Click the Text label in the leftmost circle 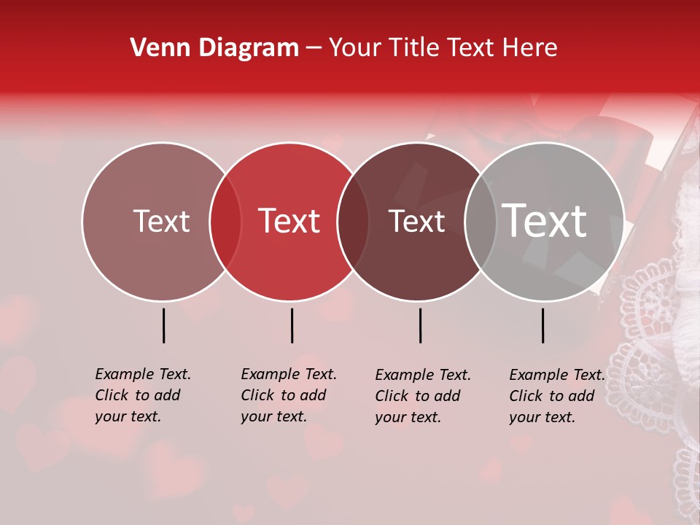click(161, 221)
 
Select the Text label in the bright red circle click(289, 221)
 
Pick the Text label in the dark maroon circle click(416, 221)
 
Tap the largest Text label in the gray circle click(545, 221)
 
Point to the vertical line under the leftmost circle click(164, 325)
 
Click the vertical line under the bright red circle click(292, 325)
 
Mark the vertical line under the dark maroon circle click(421, 325)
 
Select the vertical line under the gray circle click(543, 325)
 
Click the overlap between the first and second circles click(225, 222)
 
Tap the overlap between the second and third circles click(353, 222)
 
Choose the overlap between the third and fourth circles click(481, 222)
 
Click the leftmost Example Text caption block click(143, 395)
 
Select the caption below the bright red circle click(289, 395)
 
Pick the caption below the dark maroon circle click(423, 396)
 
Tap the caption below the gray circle click(557, 396)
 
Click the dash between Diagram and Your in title click(314, 48)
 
